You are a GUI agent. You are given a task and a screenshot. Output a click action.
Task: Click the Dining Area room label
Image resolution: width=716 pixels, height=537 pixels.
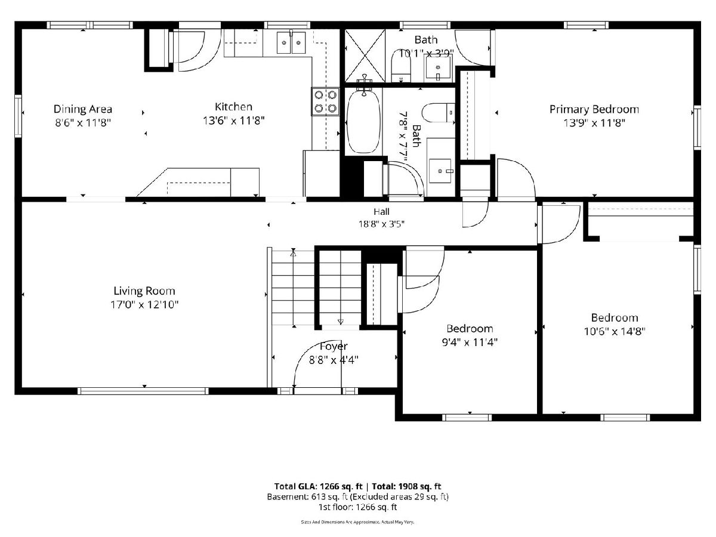click(83, 109)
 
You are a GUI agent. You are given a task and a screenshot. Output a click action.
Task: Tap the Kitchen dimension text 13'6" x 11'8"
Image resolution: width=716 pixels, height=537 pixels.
click(233, 121)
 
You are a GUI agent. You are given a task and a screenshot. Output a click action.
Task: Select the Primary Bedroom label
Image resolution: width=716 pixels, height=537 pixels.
click(594, 110)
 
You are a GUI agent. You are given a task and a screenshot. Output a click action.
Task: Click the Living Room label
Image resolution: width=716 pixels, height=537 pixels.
click(144, 291)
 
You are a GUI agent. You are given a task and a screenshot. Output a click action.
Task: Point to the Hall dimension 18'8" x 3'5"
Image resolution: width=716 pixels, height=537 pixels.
click(381, 224)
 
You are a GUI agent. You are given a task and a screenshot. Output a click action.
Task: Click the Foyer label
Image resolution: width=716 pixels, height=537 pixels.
click(334, 346)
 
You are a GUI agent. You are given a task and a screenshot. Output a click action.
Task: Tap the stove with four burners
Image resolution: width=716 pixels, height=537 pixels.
click(325, 101)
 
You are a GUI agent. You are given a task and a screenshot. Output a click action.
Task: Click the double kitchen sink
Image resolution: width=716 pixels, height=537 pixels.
click(291, 42)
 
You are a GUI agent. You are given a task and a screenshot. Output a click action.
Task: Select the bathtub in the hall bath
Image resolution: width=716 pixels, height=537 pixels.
click(363, 121)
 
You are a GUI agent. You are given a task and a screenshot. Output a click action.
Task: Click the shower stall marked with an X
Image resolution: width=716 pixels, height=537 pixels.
click(365, 55)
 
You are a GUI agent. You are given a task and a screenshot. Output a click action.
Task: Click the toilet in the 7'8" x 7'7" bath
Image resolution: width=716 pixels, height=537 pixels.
click(438, 113)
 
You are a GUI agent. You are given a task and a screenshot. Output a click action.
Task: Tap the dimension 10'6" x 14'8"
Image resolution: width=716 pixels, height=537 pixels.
click(615, 332)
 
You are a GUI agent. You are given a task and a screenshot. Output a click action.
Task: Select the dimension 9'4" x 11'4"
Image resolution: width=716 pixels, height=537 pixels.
click(470, 342)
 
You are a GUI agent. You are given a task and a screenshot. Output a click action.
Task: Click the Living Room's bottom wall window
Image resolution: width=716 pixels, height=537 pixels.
click(143, 391)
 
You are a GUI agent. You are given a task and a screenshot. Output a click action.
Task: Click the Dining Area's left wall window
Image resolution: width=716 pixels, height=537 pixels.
click(18, 116)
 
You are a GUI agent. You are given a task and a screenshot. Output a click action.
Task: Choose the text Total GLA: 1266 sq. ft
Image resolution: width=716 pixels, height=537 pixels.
click(319, 486)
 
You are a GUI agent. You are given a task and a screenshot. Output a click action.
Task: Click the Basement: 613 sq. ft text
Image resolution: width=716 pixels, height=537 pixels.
click(307, 497)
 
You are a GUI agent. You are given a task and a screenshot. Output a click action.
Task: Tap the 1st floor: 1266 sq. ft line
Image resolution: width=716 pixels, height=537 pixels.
click(358, 507)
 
